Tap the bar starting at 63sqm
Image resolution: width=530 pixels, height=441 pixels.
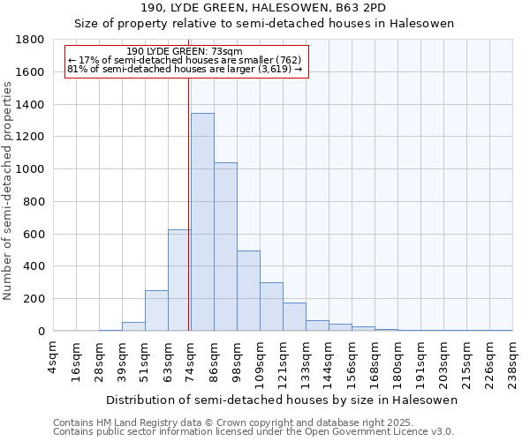pyautogui.click(x=179, y=280)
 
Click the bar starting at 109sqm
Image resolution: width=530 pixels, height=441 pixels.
pyautogui.click(x=271, y=306)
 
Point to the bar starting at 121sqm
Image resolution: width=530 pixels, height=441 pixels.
pyautogui.click(x=294, y=317)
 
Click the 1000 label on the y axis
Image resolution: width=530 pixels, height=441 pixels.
pyautogui.click(x=32, y=169)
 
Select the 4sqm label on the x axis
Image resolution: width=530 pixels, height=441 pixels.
pyautogui.click(x=54, y=357)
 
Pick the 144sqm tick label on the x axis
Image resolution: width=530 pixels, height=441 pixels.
pyautogui.click(x=329, y=362)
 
